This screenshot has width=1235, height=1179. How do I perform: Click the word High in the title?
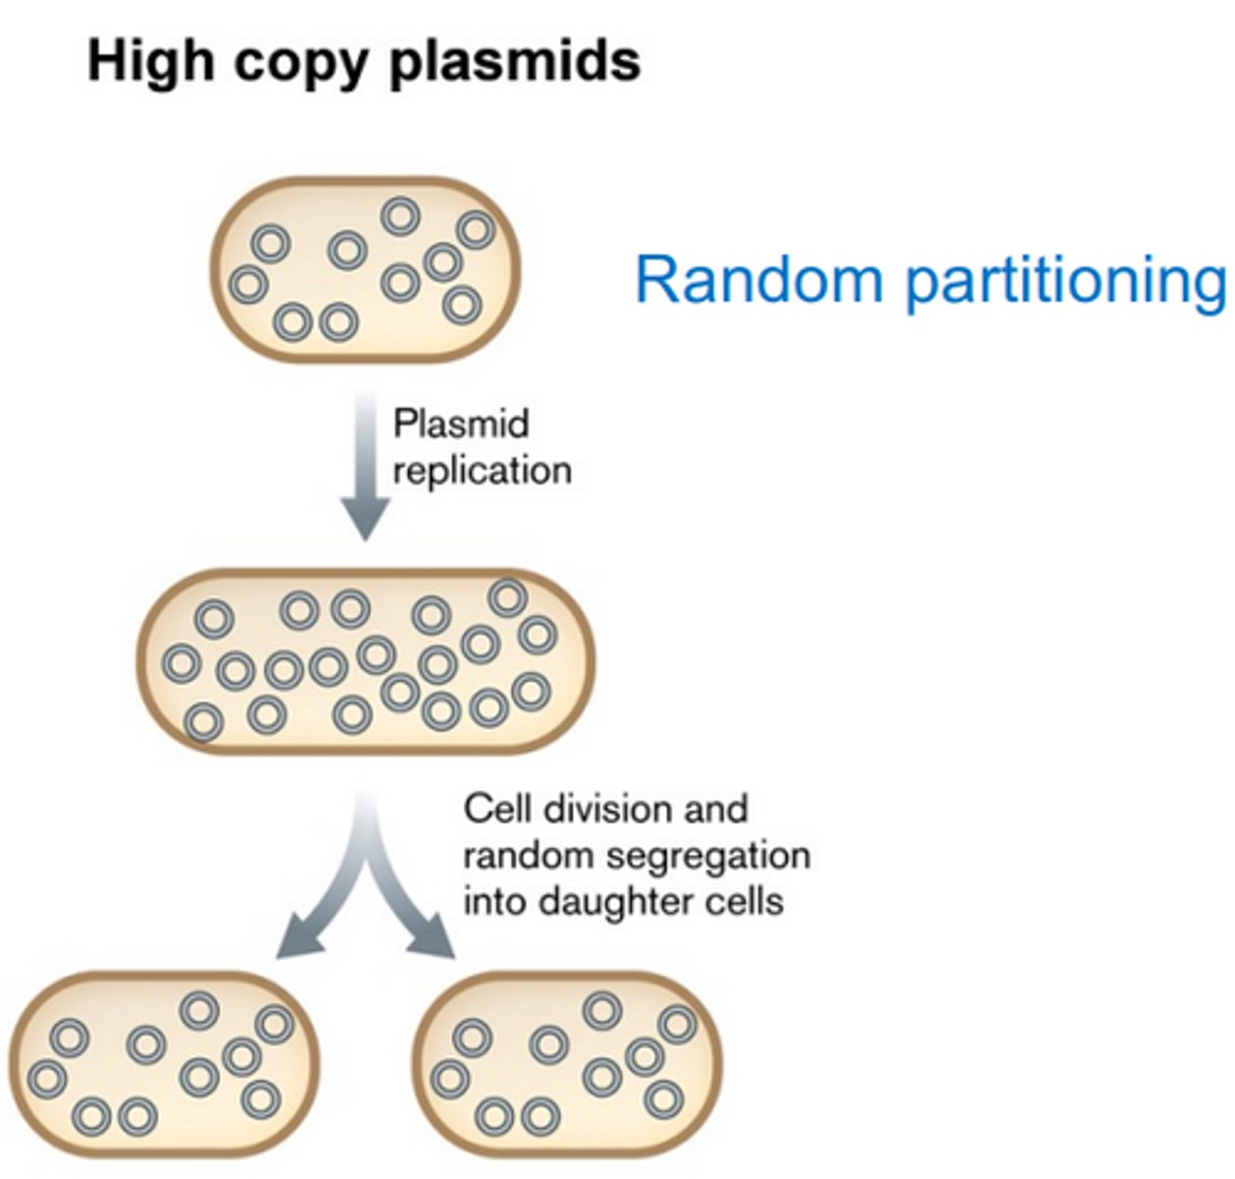coord(150,61)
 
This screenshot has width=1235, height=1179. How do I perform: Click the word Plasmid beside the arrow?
coord(461,424)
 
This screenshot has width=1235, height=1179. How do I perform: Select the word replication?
coord(481,471)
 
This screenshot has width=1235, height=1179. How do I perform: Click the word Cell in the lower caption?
coord(497,810)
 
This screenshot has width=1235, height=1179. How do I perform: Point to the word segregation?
coord(707,856)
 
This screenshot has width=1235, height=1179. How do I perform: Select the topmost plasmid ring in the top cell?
coord(400,216)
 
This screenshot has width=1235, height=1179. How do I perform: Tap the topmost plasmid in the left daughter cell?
coord(199,1009)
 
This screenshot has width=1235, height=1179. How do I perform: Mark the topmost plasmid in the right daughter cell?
coord(602,1009)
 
